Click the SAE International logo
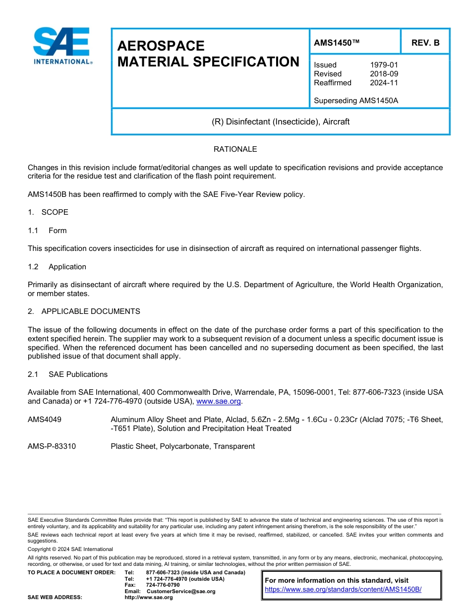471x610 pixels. [x=61, y=46]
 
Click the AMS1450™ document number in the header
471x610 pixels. [x=337, y=43]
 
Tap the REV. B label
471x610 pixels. [x=425, y=43]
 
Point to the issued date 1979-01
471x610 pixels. [x=384, y=65]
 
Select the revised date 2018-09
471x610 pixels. [x=384, y=74]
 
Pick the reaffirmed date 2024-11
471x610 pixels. [x=384, y=83]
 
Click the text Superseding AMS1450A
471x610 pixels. [x=356, y=101]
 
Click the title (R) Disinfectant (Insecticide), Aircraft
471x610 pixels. [x=281, y=122]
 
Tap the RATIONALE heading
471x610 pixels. [x=235, y=149]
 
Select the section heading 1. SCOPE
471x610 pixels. [x=48, y=212]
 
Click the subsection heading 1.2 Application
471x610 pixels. [x=57, y=267]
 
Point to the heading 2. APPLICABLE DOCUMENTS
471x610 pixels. [x=84, y=311]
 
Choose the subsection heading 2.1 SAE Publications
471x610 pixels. [x=67, y=374]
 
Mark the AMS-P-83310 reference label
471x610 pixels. [x=52, y=446]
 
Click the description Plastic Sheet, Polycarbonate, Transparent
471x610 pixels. [x=182, y=446]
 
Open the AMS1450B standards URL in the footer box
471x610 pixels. [x=343, y=590]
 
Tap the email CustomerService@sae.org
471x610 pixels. [x=181, y=591]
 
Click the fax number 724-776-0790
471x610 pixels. [x=163, y=585]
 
